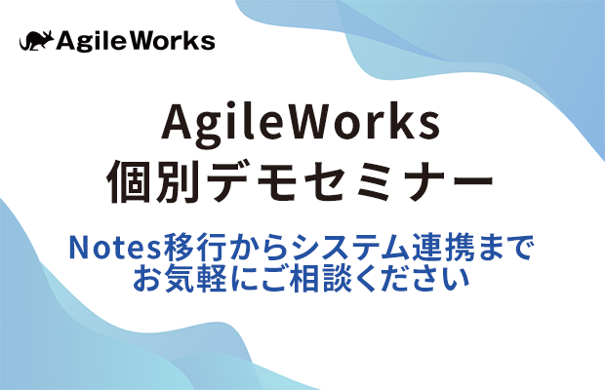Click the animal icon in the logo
pyautogui.click(x=36, y=41)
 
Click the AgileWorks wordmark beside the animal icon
pyautogui.click(x=136, y=41)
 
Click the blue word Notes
pyautogui.click(x=114, y=248)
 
